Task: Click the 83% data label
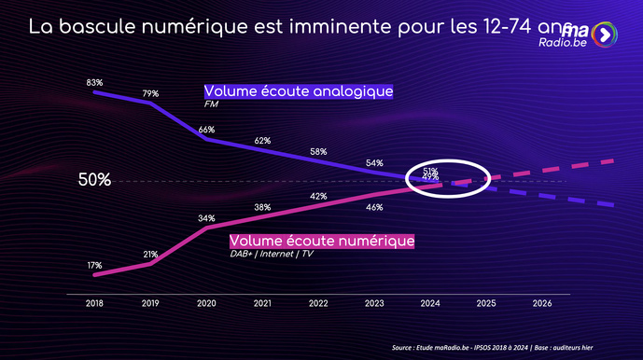94,83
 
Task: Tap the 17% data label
94,266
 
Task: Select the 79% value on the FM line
150,93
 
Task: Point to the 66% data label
206,130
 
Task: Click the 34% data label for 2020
206,218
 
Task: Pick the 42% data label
318,197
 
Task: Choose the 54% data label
374,162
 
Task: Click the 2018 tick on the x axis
94,303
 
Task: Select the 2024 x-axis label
430,303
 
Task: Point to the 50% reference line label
94,180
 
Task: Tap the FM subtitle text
210,104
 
